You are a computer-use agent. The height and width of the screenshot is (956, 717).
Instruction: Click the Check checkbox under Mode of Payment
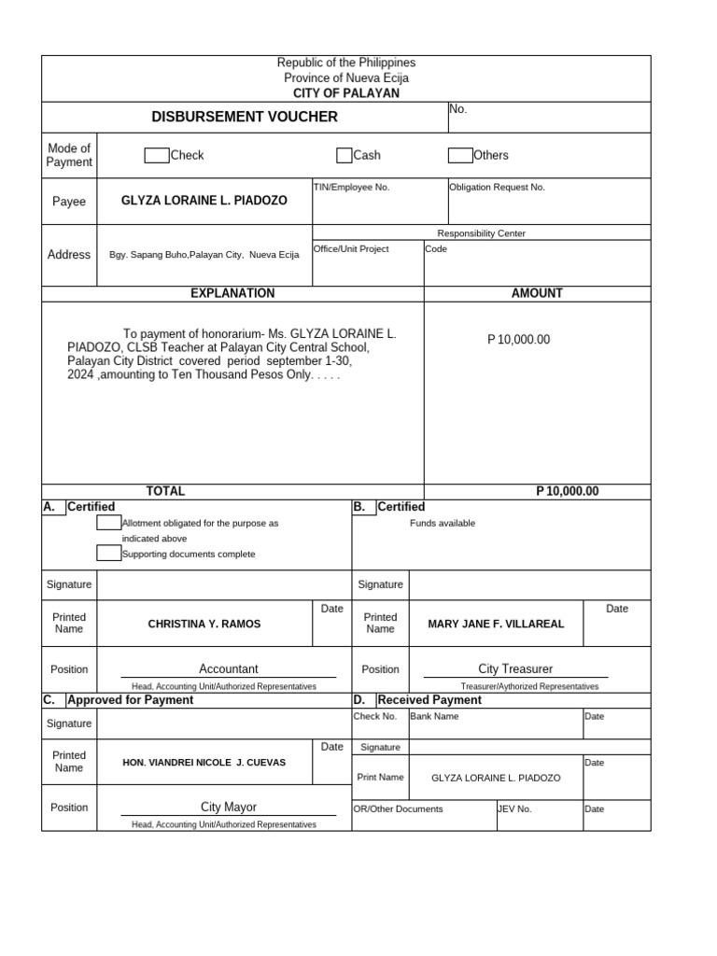(x=156, y=156)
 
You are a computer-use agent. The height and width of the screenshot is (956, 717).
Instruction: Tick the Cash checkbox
(x=344, y=156)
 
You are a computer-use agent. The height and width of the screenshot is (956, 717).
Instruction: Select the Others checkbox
(x=460, y=156)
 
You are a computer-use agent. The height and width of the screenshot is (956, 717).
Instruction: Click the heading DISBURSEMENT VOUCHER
(x=245, y=117)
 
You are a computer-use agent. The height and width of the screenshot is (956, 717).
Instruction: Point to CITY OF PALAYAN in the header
(x=346, y=93)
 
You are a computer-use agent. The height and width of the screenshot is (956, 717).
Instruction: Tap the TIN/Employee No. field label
(x=352, y=188)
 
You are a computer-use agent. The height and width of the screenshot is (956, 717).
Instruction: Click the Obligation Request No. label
(x=497, y=188)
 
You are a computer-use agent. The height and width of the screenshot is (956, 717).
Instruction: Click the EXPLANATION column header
(x=232, y=293)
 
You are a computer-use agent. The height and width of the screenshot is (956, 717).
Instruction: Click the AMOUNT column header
(x=537, y=293)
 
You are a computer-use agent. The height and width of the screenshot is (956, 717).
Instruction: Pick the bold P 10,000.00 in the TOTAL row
(x=568, y=491)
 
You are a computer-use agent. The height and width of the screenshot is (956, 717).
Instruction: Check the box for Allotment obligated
(x=108, y=523)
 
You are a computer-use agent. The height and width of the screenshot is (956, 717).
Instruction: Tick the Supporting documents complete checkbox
(x=108, y=554)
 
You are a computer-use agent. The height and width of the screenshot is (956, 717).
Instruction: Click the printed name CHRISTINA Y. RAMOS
(x=204, y=624)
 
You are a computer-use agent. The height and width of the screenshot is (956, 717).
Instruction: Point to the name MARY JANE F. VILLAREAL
(x=496, y=624)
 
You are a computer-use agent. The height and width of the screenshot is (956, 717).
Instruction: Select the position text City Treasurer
(x=515, y=669)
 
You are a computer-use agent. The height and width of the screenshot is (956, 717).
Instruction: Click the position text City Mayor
(x=229, y=808)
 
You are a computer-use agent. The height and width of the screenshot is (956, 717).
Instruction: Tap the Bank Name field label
(x=434, y=717)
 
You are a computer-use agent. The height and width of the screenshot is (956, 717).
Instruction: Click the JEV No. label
(x=515, y=809)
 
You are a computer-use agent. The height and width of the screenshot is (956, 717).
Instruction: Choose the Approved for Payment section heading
(x=131, y=700)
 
